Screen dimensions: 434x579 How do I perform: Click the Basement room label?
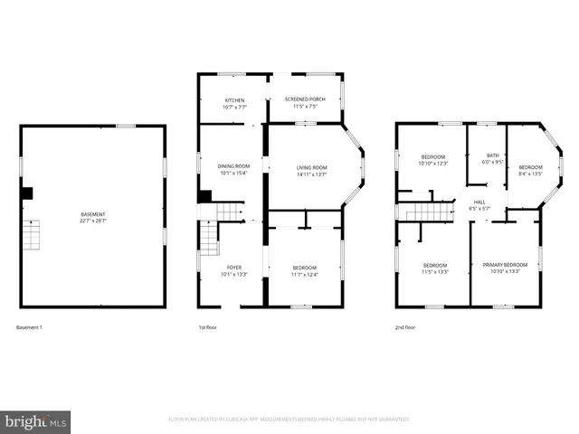(x=93, y=214)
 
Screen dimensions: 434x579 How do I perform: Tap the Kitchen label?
(x=234, y=99)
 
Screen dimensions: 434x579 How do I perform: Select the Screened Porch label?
(x=305, y=99)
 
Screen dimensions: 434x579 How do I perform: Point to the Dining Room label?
(x=233, y=166)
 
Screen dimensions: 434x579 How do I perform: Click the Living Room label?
(x=312, y=167)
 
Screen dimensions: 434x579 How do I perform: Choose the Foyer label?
(x=233, y=268)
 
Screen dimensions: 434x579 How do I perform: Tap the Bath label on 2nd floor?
(x=492, y=155)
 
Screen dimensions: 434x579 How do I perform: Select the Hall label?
(x=479, y=203)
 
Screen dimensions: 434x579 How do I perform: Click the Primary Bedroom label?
(x=504, y=265)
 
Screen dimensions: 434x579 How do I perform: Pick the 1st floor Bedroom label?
(x=305, y=268)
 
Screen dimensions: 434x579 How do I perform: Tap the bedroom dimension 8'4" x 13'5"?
(x=530, y=174)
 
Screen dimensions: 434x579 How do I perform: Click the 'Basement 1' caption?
(x=29, y=326)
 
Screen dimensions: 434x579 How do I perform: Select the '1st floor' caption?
(x=207, y=326)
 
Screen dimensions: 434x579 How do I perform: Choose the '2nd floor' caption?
(x=404, y=326)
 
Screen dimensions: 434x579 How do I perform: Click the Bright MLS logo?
(x=36, y=421)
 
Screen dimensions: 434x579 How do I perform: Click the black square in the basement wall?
(x=26, y=193)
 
